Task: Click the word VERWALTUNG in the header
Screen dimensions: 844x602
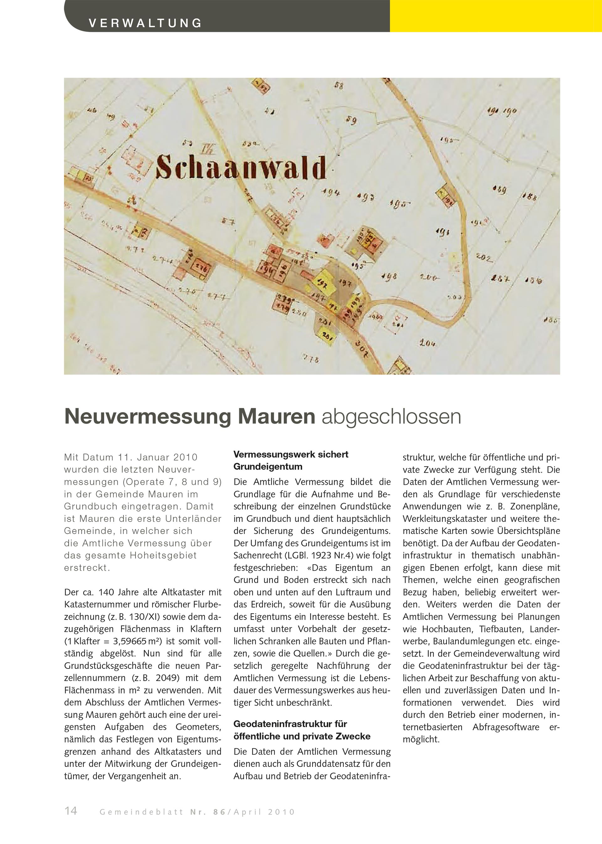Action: tap(145, 23)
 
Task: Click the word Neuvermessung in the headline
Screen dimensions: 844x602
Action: tap(148, 417)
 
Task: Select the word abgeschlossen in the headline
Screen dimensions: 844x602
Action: tap(391, 417)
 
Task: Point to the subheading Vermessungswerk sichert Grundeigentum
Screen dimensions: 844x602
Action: tap(291, 460)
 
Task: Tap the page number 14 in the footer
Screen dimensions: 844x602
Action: tap(71, 811)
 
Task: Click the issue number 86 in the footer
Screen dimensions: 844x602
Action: tap(219, 812)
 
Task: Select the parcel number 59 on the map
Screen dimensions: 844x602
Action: tap(351, 120)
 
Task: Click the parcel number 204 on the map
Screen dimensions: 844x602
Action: tap(427, 343)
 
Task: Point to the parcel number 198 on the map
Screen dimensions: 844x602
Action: tap(389, 276)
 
